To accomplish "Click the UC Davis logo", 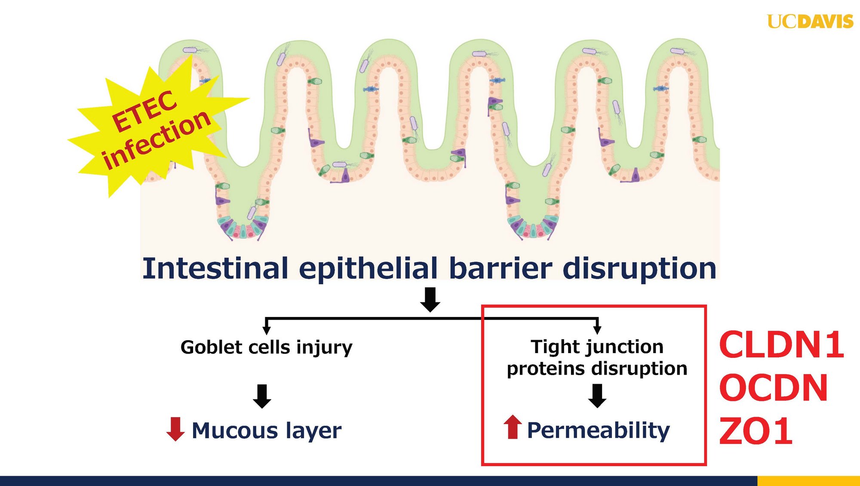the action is pyautogui.click(x=810, y=22).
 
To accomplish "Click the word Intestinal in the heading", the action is pyautogui.click(x=215, y=268).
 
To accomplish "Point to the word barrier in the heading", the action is pyautogui.click(x=501, y=268).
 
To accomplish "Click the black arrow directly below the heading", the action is pyautogui.click(x=430, y=300).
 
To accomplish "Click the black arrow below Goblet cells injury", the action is pyautogui.click(x=262, y=396).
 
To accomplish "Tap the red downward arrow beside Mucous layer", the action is pyautogui.click(x=175, y=429).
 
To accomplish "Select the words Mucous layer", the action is pyautogui.click(x=267, y=431).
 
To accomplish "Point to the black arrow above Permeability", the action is pyautogui.click(x=597, y=396).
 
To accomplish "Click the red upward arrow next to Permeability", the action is pyautogui.click(x=513, y=427).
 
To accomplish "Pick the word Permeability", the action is pyautogui.click(x=599, y=431).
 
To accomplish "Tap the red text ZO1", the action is pyautogui.click(x=756, y=431).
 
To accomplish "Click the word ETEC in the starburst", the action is pyautogui.click(x=144, y=111).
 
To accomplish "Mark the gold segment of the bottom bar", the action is pyautogui.click(x=808, y=481).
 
